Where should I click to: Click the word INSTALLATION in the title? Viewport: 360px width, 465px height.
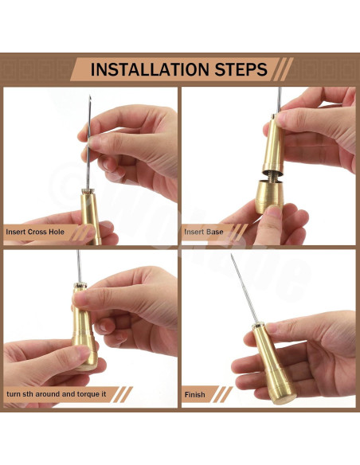click(150, 69)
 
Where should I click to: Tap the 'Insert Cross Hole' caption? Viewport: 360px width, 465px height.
click(35, 232)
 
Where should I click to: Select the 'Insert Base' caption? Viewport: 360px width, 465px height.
click(203, 232)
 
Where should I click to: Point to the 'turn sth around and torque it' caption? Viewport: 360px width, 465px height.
click(56, 394)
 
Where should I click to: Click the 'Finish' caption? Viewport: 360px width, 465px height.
click(194, 395)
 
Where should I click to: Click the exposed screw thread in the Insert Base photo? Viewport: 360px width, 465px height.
click(272, 175)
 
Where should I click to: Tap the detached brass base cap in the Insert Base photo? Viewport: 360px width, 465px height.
click(269, 196)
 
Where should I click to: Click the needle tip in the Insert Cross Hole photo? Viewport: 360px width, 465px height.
click(90, 96)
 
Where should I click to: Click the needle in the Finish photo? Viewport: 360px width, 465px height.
click(245, 288)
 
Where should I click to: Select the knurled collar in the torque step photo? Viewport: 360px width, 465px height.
click(80, 286)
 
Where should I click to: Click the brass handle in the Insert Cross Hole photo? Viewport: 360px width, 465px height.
click(91, 216)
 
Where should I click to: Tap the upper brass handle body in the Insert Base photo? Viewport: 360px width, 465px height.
click(273, 143)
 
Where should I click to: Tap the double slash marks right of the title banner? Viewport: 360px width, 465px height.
click(284, 69)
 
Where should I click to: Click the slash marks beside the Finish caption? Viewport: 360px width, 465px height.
click(222, 394)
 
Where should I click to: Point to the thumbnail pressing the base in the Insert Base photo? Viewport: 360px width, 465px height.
click(274, 212)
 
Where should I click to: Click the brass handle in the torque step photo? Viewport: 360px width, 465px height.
click(84, 329)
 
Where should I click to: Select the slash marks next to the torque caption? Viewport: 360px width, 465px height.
click(123, 394)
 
